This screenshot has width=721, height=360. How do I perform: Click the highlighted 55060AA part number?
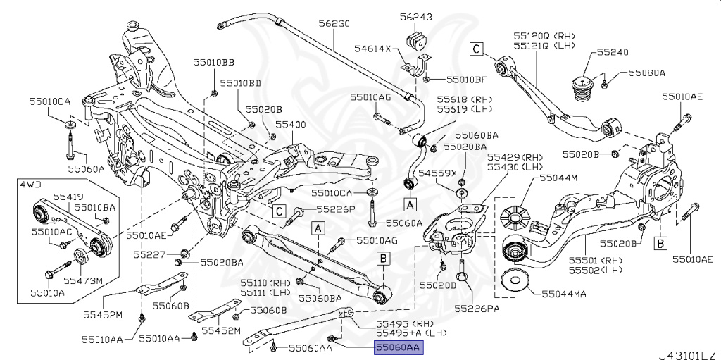(x=398, y=347)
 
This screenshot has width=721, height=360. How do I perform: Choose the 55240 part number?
(x=613, y=52)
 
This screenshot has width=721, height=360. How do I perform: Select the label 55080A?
(x=647, y=73)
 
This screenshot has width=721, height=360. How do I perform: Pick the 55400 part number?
(x=291, y=124)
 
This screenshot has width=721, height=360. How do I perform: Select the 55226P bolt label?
(x=335, y=209)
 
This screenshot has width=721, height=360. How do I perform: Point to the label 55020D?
(x=438, y=285)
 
